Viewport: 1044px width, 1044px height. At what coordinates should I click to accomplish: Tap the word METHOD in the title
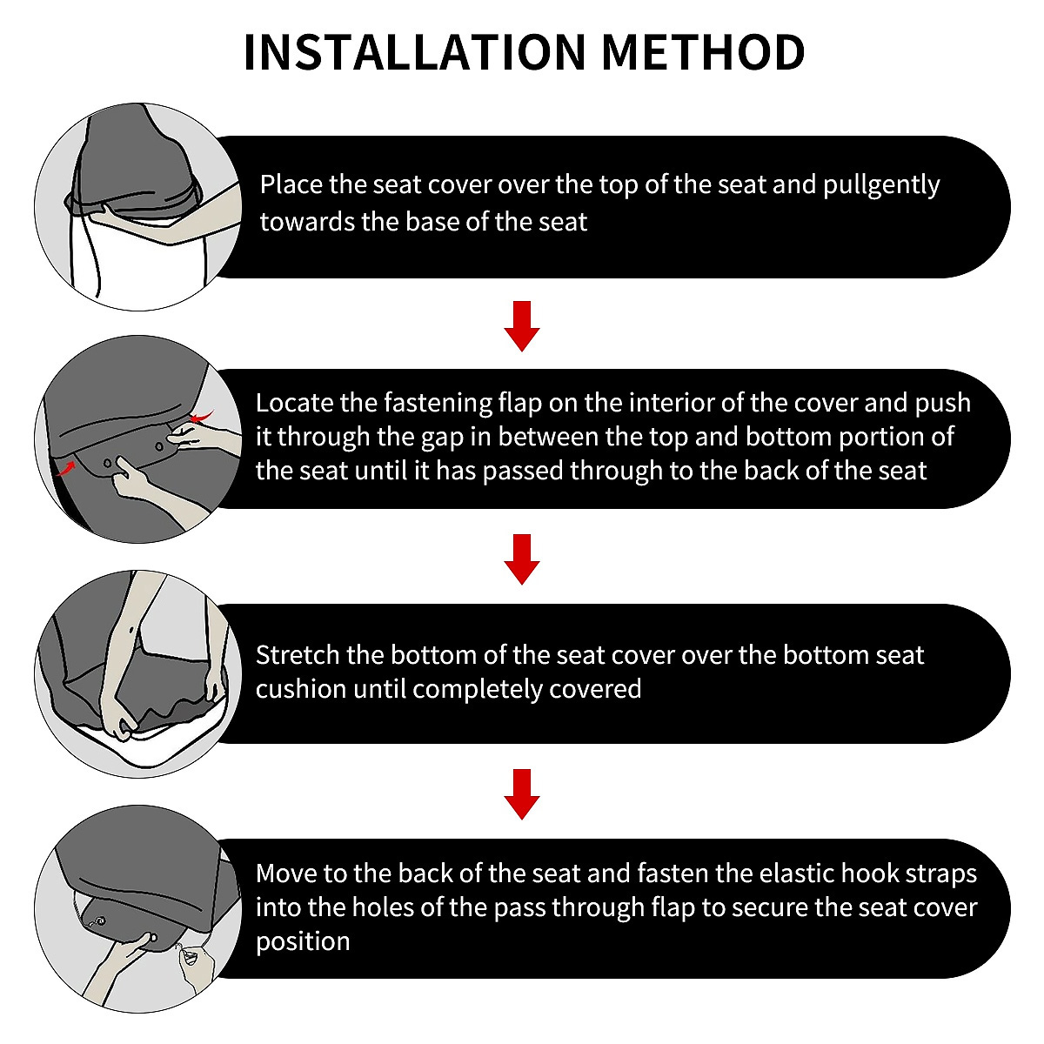[703, 52]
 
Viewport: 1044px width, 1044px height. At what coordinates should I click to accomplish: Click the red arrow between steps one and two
[522, 325]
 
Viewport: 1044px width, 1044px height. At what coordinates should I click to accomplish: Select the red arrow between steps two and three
[522, 559]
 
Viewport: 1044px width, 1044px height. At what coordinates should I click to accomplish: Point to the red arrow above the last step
[522, 793]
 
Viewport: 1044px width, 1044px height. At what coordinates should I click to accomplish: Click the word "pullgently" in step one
[881, 186]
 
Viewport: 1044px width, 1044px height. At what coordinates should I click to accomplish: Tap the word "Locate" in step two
[294, 403]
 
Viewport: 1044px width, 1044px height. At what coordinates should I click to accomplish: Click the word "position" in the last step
[303, 942]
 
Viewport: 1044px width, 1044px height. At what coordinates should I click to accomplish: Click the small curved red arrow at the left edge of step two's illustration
[65, 467]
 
